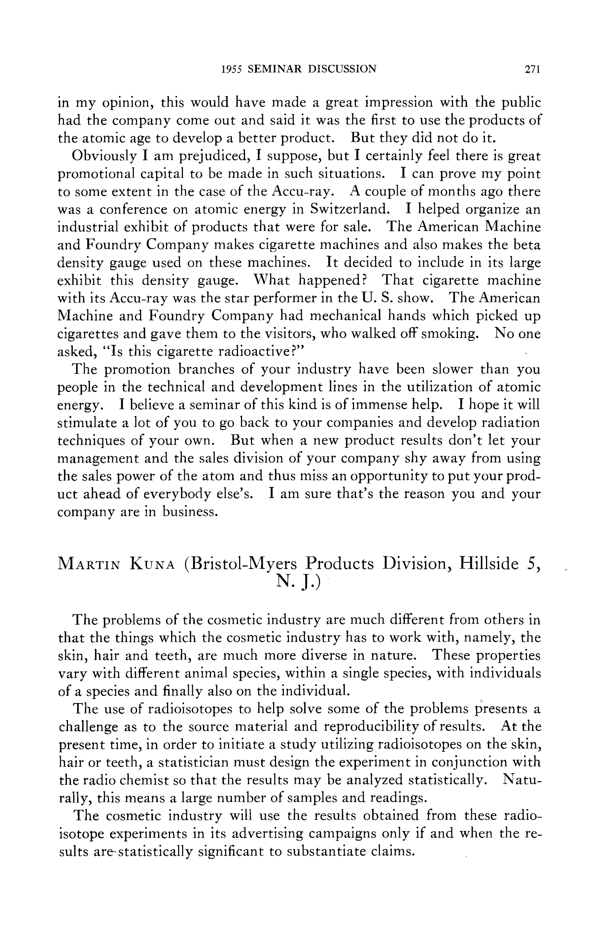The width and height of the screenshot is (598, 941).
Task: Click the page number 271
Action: pyautogui.click(x=532, y=69)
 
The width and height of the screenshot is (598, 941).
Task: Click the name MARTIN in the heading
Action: pyautogui.click(x=88, y=564)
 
